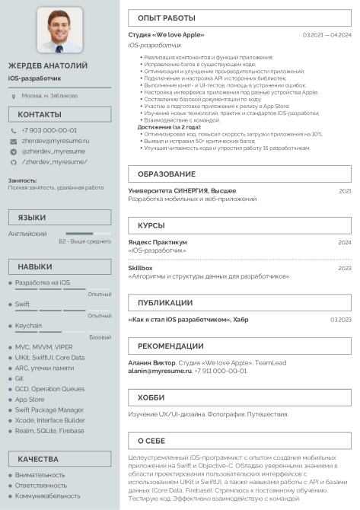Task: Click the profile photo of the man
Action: click(x=60, y=30)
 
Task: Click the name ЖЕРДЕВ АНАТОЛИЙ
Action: click(x=48, y=65)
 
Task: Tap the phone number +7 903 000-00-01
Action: click(x=52, y=130)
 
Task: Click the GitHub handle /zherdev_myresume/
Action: click(x=54, y=161)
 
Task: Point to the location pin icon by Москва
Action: click(x=14, y=97)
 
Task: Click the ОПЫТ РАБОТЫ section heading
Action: click(x=167, y=18)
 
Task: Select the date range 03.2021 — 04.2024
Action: click(x=327, y=35)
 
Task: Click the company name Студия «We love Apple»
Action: click(x=167, y=35)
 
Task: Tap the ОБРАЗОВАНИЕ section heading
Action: click(x=167, y=174)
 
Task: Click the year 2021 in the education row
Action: click(x=345, y=190)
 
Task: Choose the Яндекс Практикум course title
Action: click(x=158, y=242)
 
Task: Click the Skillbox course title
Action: click(x=141, y=268)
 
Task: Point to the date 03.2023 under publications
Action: click(x=340, y=320)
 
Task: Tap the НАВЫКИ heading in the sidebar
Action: click(x=35, y=266)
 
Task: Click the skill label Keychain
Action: click(x=29, y=326)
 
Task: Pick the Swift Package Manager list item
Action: click(x=49, y=410)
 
